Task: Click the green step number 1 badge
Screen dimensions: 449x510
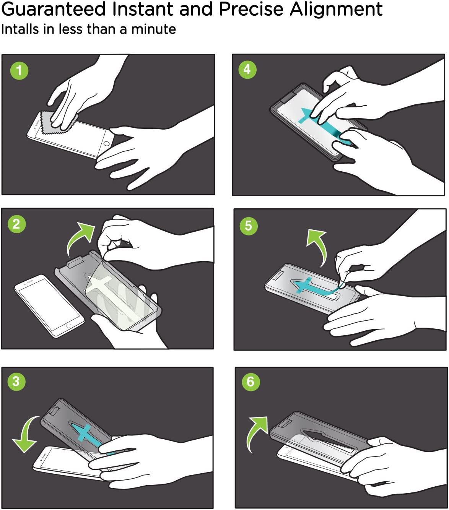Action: pos(19,70)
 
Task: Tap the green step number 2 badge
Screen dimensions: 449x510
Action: pos(16,224)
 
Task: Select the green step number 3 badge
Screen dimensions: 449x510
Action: pos(16,382)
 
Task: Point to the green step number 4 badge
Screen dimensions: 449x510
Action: pos(247,70)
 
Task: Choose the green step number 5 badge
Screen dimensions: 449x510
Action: pos(249,226)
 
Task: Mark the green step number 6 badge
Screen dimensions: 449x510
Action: pos(251,382)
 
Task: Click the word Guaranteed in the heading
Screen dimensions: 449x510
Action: pos(53,9)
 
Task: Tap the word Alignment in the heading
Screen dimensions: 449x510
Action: pos(336,10)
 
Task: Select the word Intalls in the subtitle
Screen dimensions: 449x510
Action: pos(20,29)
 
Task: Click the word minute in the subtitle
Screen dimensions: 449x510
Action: pos(154,29)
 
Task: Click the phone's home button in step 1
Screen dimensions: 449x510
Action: pos(106,143)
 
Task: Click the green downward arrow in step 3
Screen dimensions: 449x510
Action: pos(25,434)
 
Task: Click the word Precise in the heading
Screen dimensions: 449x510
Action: pos(251,9)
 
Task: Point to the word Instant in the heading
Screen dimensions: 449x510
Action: pos(143,9)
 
